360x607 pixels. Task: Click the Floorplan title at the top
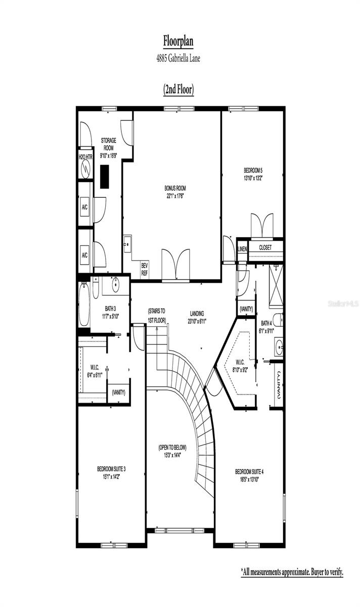pyautogui.click(x=178, y=40)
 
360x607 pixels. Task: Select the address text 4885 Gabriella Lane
pyautogui.click(x=178, y=59)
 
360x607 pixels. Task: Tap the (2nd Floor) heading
pyautogui.click(x=178, y=90)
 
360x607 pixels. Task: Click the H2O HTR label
pyautogui.click(x=85, y=157)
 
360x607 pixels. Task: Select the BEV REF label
pyautogui.click(x=145, y=269)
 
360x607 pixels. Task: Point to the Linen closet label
pyautogui.click(x=242, y=248)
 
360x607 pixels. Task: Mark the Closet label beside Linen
pyautogui.click(x=265, y=248)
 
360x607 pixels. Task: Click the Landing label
pyautogui.click(x=197, y=317)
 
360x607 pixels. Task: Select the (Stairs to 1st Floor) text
pyautogui.click(x=157, y=315)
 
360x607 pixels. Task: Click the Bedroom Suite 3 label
pyautogui.click(x=111, y=472)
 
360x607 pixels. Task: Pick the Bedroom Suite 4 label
pyautogui.click(x=249, y=475)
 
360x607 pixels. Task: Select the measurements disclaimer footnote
pyautogui.click(x=292, y=572)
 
